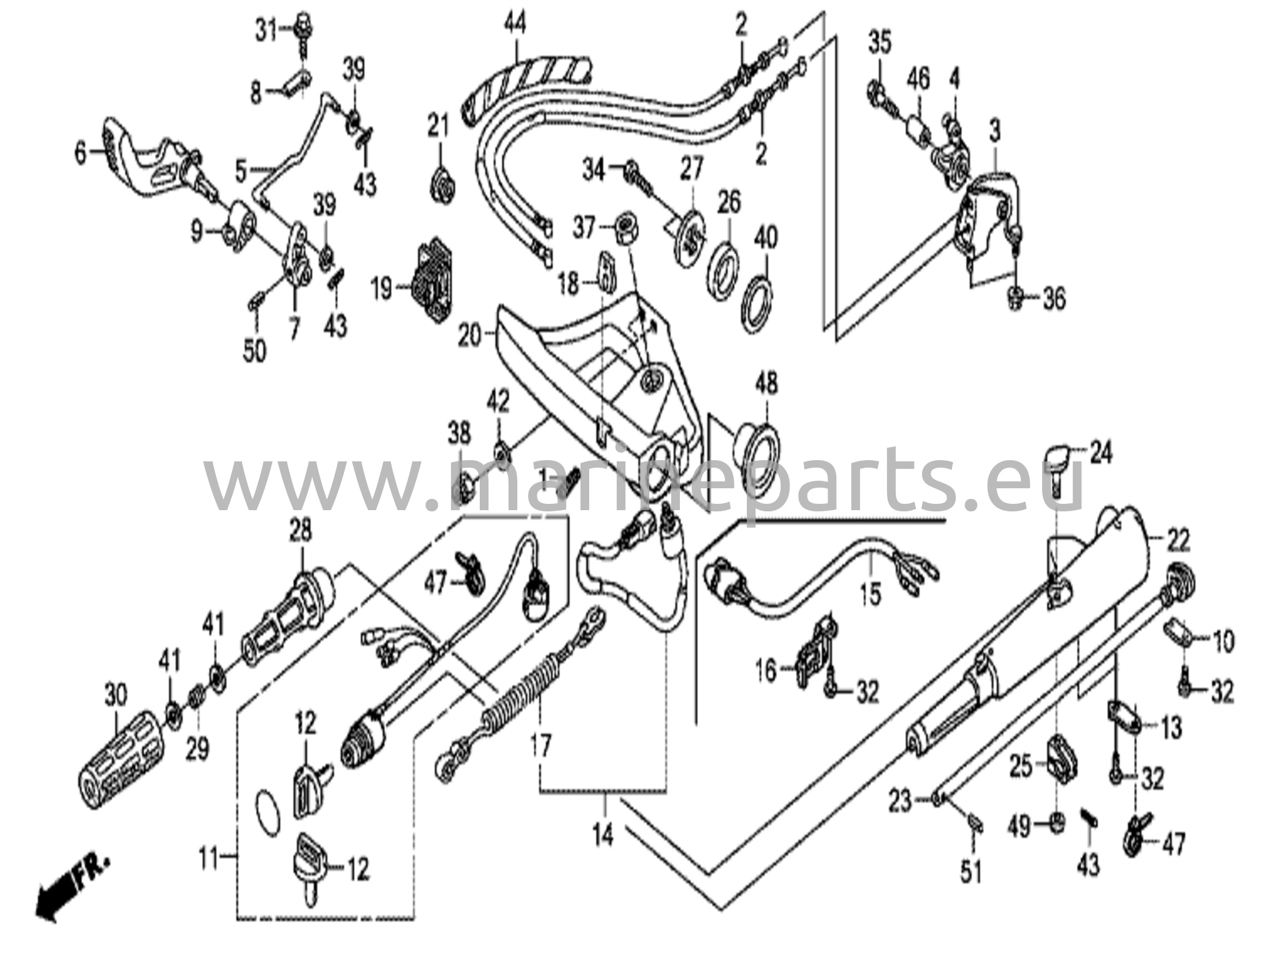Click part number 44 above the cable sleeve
516,25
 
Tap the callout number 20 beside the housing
470,336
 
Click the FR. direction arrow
63,886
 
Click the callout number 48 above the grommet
767,383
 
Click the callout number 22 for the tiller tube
1178,540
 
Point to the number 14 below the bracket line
603,835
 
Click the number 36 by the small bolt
1054,299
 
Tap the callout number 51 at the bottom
971,871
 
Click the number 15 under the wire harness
870,594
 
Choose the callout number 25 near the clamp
1021,767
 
